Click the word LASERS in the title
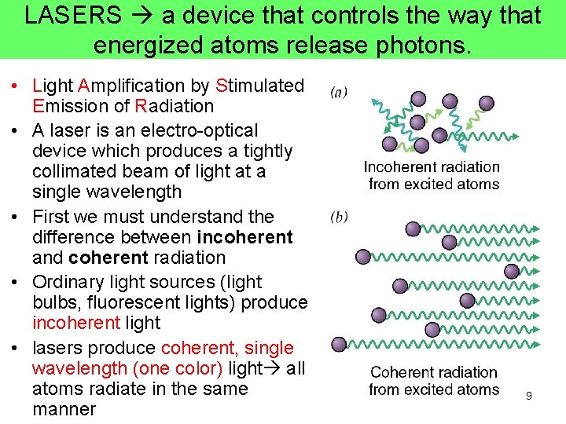click(73, 16)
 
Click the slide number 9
click(529, 396)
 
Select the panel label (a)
click(339, 93)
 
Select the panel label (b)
click(339, 216)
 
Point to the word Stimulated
click(259, 86)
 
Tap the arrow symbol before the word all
click(275, 369)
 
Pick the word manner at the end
click(64, 409)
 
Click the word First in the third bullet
click(51, 217)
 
